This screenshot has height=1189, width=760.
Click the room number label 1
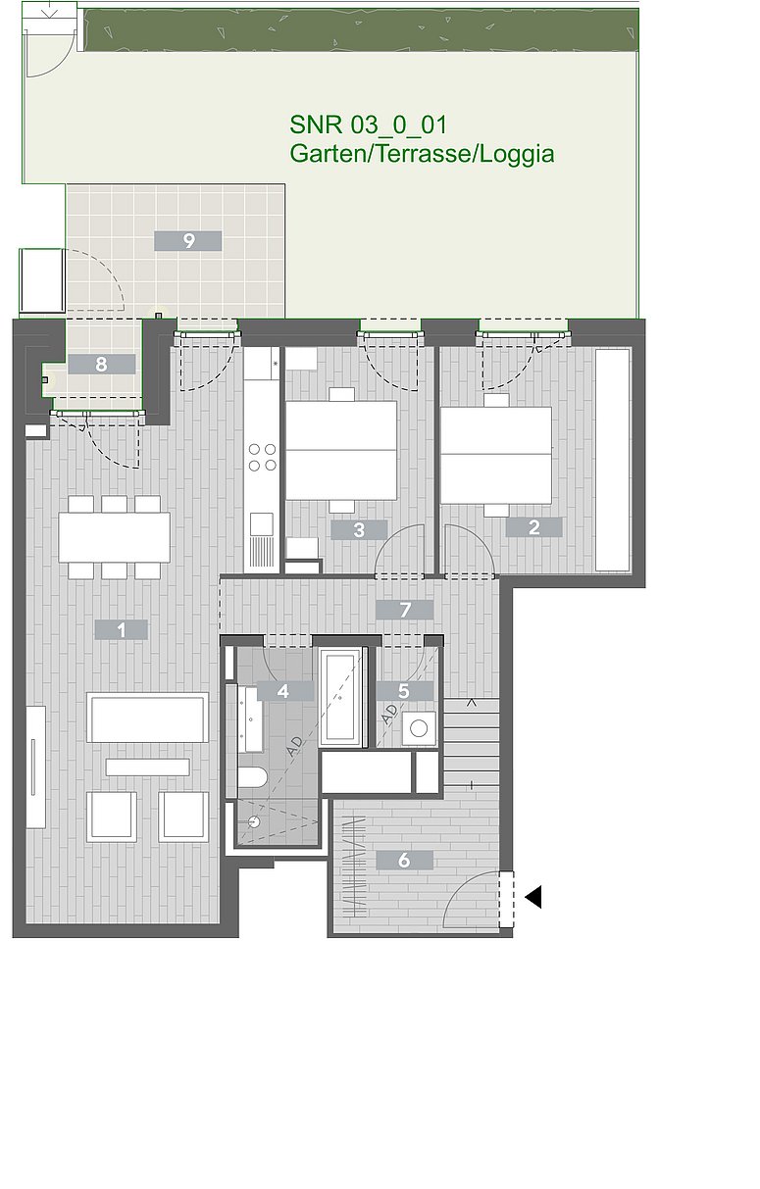[121, 630]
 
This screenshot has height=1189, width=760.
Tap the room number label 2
[533, 527]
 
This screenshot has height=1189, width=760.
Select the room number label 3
[359, 529]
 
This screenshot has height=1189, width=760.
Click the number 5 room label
[404, 691]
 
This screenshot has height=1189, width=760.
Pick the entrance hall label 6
[404, 860]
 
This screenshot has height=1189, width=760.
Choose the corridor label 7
[404, 610]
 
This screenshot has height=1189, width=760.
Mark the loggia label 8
[101, 365]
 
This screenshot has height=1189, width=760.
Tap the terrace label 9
[188, 241]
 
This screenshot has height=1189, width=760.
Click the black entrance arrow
[533, 897]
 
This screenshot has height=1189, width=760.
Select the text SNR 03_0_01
[368, 125]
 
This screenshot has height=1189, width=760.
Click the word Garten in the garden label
[328, 154]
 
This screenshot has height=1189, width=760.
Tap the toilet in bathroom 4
[252, 778]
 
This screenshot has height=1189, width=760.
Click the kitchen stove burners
[263, 458]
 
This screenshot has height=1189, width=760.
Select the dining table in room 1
[114, 537]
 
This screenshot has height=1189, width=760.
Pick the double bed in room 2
[496, 455]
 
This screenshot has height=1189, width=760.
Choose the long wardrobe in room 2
[613, 460]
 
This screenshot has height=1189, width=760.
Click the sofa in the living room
[148, 718]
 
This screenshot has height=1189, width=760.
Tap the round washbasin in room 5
[419, 728]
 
